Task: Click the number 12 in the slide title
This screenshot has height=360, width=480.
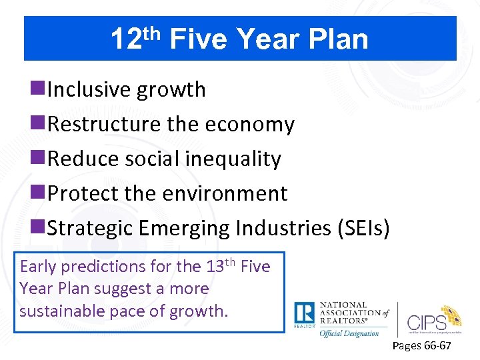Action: [x=124, y=40]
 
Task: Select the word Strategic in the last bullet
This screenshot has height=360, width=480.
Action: [x=91, y=229]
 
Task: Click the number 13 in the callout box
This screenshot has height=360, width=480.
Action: [x=214, y=267]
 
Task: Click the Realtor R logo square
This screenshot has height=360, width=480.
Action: [x=305, y=315]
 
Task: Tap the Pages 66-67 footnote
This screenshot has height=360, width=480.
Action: [x=421, y=346]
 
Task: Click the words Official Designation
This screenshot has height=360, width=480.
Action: [x=349, y=333]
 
